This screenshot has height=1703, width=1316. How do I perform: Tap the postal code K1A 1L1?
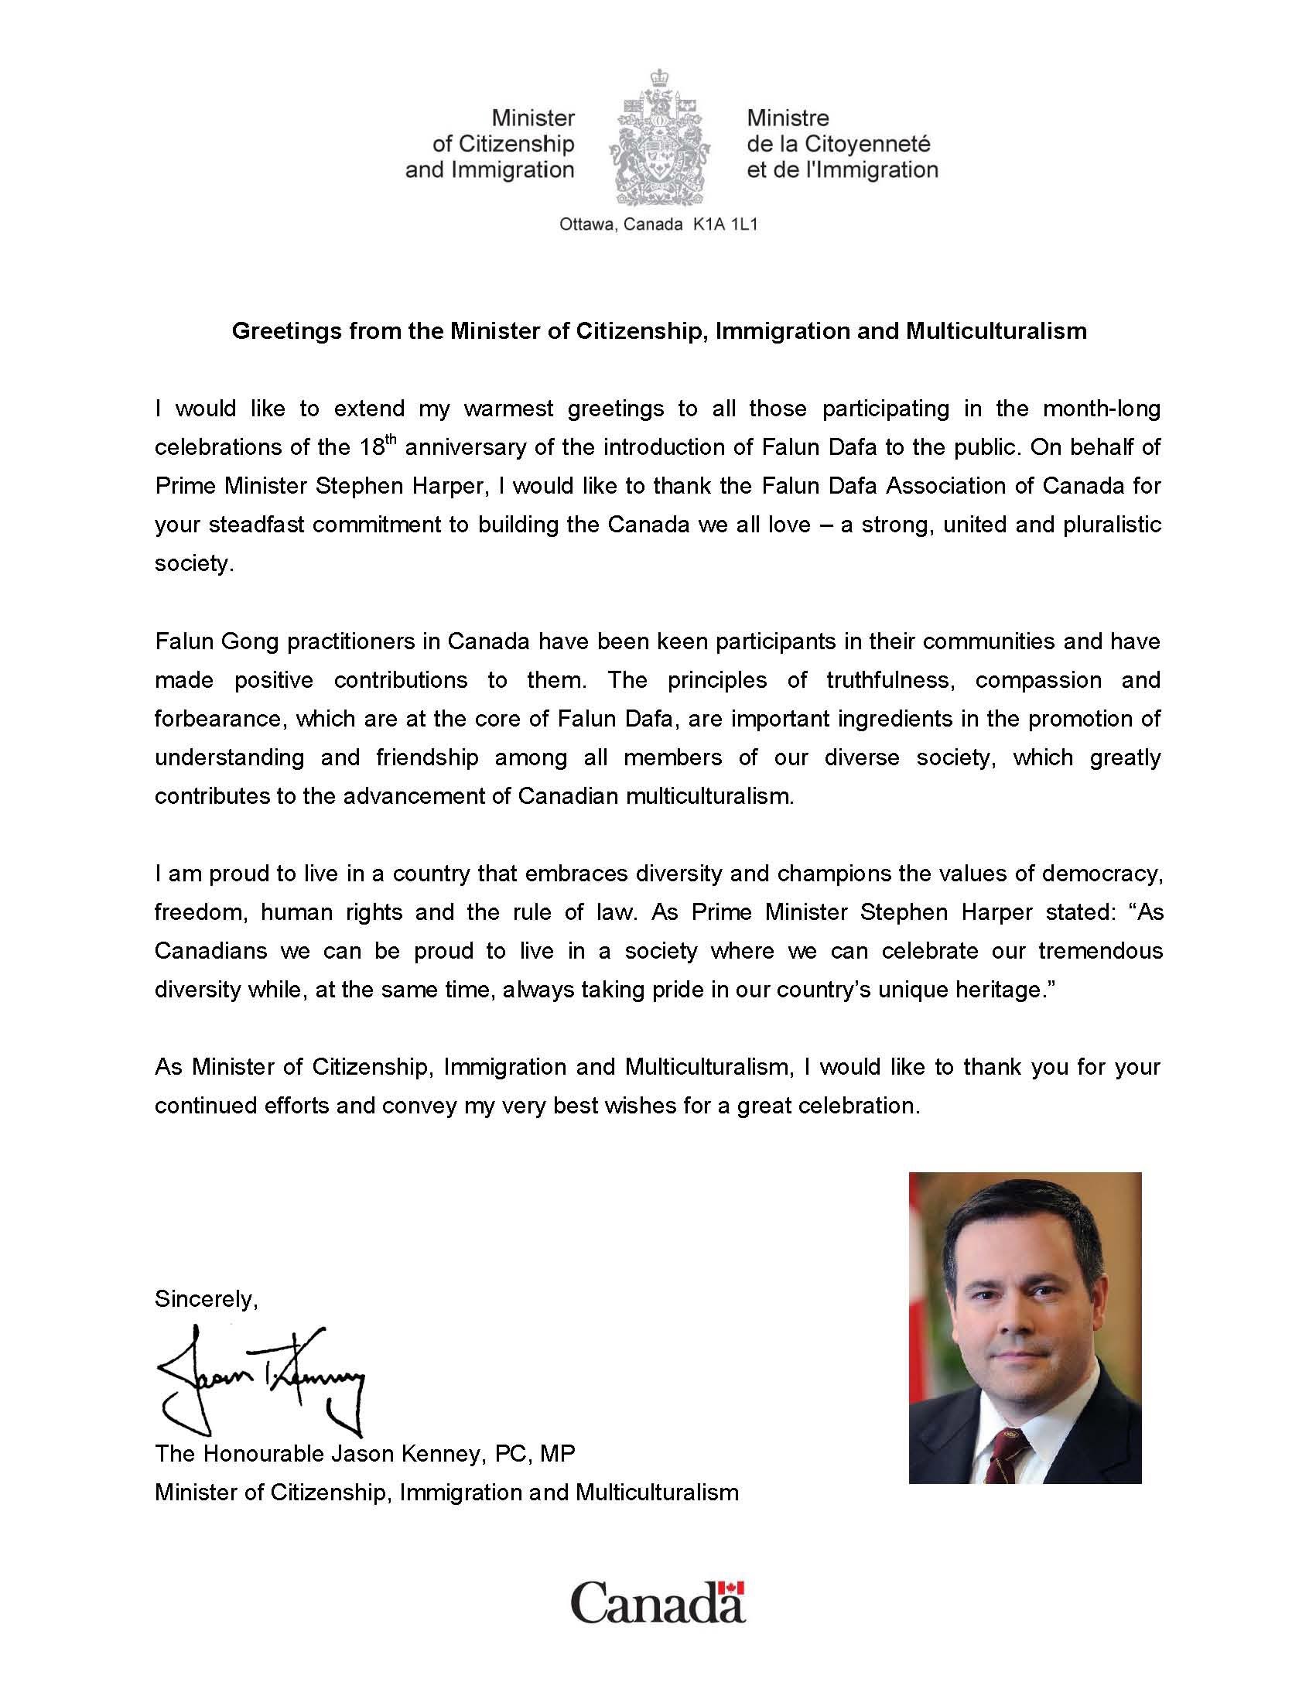pos(725,224)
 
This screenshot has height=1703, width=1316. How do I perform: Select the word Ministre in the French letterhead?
pos(788,118)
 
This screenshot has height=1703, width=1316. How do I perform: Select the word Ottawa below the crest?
pos(586,224)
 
